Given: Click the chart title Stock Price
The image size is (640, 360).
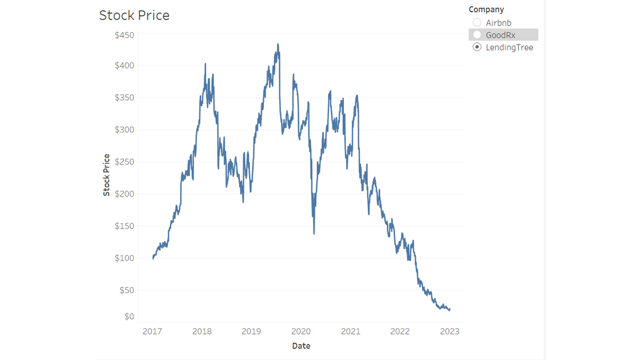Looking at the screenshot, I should click(x=134, y=15).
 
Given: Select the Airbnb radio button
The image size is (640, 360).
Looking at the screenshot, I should click(x=477, y=22).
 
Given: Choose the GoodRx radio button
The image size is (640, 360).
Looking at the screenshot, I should click(x=477, y=35).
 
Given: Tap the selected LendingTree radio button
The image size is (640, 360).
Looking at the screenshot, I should click(x=477, y=47).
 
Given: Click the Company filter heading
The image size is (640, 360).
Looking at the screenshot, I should click(x=486, y=9).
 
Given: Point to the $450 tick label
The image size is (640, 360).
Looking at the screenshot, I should click(x=124, y=35).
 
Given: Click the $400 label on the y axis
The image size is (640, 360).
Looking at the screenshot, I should click(x=124, y=65).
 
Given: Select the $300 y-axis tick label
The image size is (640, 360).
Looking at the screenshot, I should click(x=124, y=129).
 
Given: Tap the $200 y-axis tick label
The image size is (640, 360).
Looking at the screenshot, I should click(x=124, y=194).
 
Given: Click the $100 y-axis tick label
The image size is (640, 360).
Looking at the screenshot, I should click(x=124, y=258).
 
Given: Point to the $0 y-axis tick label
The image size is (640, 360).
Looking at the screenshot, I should click(x=129, y=316).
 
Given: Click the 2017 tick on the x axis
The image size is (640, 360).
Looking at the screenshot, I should click(x=152, y=331).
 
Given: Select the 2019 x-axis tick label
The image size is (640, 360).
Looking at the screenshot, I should click(x=251, y=331).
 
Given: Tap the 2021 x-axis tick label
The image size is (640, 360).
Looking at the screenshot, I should click(x=350, y=331).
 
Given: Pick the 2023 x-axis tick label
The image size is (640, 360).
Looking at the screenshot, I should click(x=449, y=331).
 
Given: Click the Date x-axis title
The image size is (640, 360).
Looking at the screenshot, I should click(x=301, y=345).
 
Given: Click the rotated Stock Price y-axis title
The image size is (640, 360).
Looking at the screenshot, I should click(x=106, y=175).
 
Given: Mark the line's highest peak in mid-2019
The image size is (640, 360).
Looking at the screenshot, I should click(x=277, y=44).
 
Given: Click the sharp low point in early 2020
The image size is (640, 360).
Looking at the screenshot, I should click(x=314, y=233).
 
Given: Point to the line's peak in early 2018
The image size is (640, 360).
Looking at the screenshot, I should click(x=205, y=64).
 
